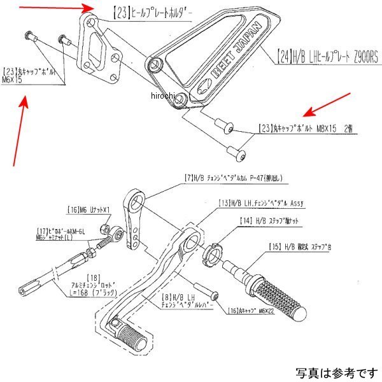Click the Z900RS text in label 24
(362, 55)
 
